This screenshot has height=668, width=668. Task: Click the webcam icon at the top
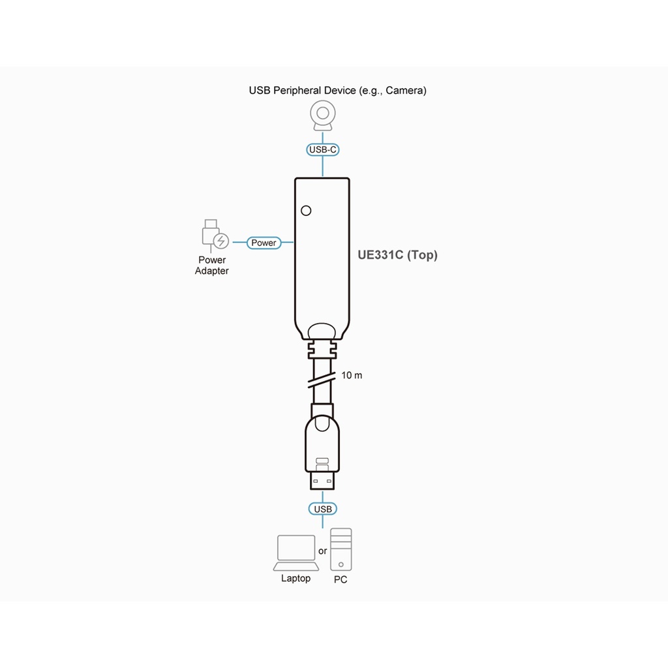[x=322, y=115]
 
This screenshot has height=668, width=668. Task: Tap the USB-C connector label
[x=322, y=149]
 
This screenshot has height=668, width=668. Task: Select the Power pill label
[x=264, y=243]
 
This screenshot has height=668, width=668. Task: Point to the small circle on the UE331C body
[x=306, y=211]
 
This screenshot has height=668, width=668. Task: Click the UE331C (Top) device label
[x=397, y=255]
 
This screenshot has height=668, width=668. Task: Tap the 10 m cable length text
[x=352, y=375]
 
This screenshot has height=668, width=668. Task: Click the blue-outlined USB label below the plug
[x=322, y=509]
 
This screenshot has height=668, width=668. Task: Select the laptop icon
[x=296, y=553]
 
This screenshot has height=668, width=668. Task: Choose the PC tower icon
[x=341, y=549]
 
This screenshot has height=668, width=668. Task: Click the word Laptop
[x=296, y=578]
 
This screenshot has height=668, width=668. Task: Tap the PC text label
[x=341, y=579]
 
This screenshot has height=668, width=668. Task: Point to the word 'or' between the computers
[x=322, y=551]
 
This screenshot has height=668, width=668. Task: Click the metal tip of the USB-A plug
[x=322, y=481]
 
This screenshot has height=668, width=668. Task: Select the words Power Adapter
[x=212, y=266]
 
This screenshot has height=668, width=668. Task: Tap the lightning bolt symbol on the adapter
[x=220, y=241]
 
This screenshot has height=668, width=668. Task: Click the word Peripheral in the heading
[x=297, y=91]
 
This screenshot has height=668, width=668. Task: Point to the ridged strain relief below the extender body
[x=322, y=350]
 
